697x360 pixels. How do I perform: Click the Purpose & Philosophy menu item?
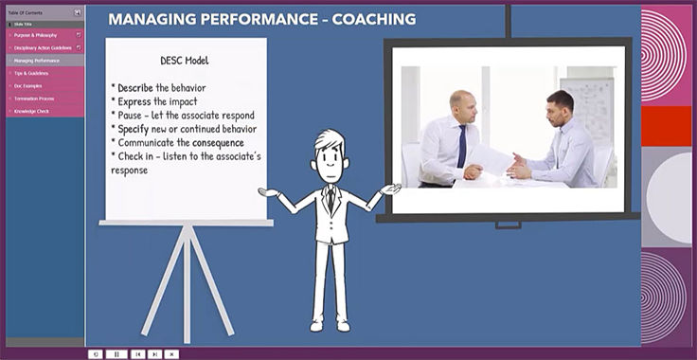tap(35, 35)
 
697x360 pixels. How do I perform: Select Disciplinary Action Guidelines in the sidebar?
tap(43, 47)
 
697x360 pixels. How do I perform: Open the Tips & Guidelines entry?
tap(31, 73)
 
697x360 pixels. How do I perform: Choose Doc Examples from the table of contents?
tap(28, 85)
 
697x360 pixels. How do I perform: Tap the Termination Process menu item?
tap(33, 99)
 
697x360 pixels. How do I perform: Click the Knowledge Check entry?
tap(31, 111)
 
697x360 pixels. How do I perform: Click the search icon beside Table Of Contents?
tap(78, 12)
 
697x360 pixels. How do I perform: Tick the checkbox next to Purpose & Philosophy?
tap(79, 35)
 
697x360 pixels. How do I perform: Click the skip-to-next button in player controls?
tap(154, 353)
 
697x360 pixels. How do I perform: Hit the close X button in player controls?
tap(171, 353)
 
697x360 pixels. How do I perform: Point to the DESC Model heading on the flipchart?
tap(186, 61)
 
